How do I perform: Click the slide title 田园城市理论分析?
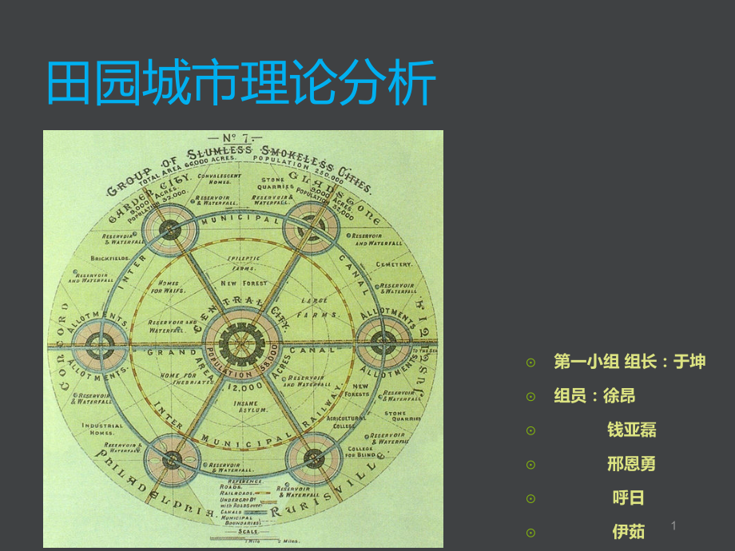coord(240,82)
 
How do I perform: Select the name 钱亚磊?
coord(631,430)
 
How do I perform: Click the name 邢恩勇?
coord(631,464)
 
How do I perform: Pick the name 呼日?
coord(629,498)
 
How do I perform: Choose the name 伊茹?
coord(629,531)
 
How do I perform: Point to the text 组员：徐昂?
coord(595,396)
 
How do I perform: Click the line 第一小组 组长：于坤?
coord(630,362)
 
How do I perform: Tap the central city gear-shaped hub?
coord(240,345)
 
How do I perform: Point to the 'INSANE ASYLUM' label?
coord(246,408)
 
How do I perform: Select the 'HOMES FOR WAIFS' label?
coord(170,286)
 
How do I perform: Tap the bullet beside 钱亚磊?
coord(531,430)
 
